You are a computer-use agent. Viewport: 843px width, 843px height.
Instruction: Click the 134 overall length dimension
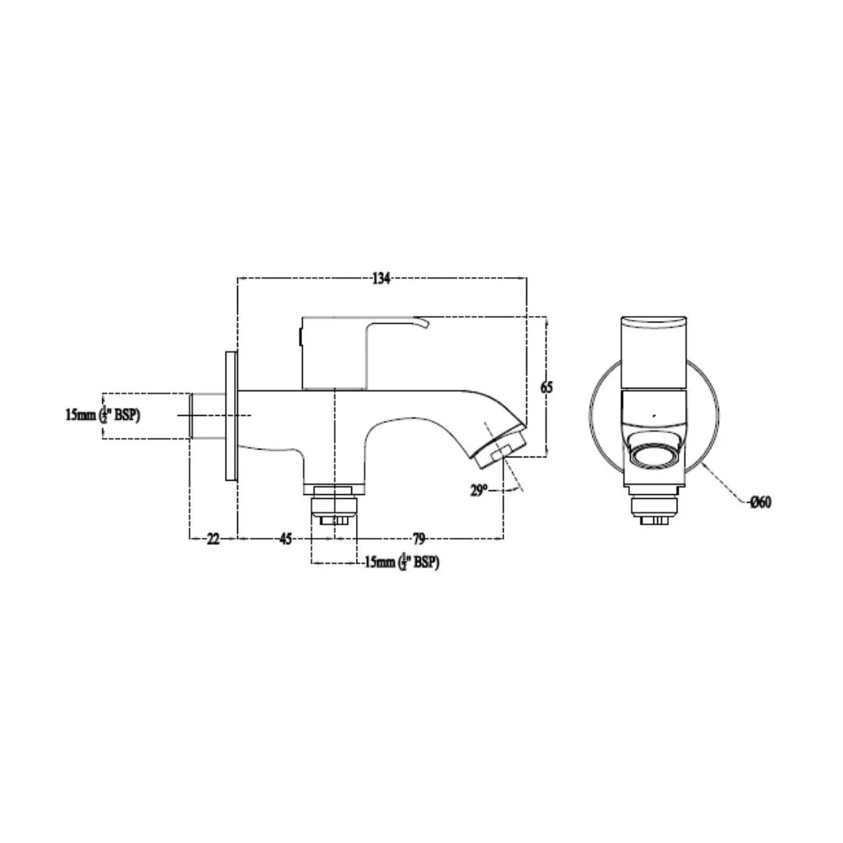(380, 279)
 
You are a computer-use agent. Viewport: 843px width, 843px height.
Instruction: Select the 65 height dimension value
(546, 387)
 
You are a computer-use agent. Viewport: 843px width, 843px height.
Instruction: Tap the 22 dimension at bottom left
(213, 539)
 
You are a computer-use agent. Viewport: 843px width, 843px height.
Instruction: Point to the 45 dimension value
(286, 539)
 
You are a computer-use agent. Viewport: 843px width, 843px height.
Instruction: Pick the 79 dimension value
(419, 539)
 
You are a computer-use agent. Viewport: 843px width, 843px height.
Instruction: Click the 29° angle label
(478, 490)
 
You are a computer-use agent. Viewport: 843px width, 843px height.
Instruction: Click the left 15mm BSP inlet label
(102, 415)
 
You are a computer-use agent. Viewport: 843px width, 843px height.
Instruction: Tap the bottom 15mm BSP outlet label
(401, 563)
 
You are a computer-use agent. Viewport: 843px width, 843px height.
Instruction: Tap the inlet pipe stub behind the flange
(207, 415)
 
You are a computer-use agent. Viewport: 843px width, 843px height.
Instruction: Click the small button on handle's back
(300, 338)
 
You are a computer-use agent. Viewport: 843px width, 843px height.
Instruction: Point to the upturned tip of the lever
(423, 322)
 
